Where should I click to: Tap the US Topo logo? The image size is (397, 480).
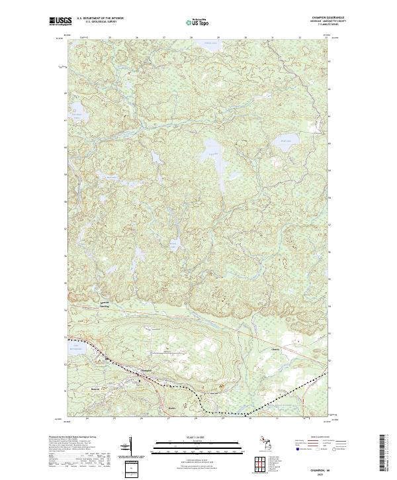pos(200,22)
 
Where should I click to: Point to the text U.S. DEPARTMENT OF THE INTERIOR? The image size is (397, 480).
pos(101,19)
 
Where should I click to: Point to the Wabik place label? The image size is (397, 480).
pos(173,408)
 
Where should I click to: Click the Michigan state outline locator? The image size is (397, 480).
pos(262,444)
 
